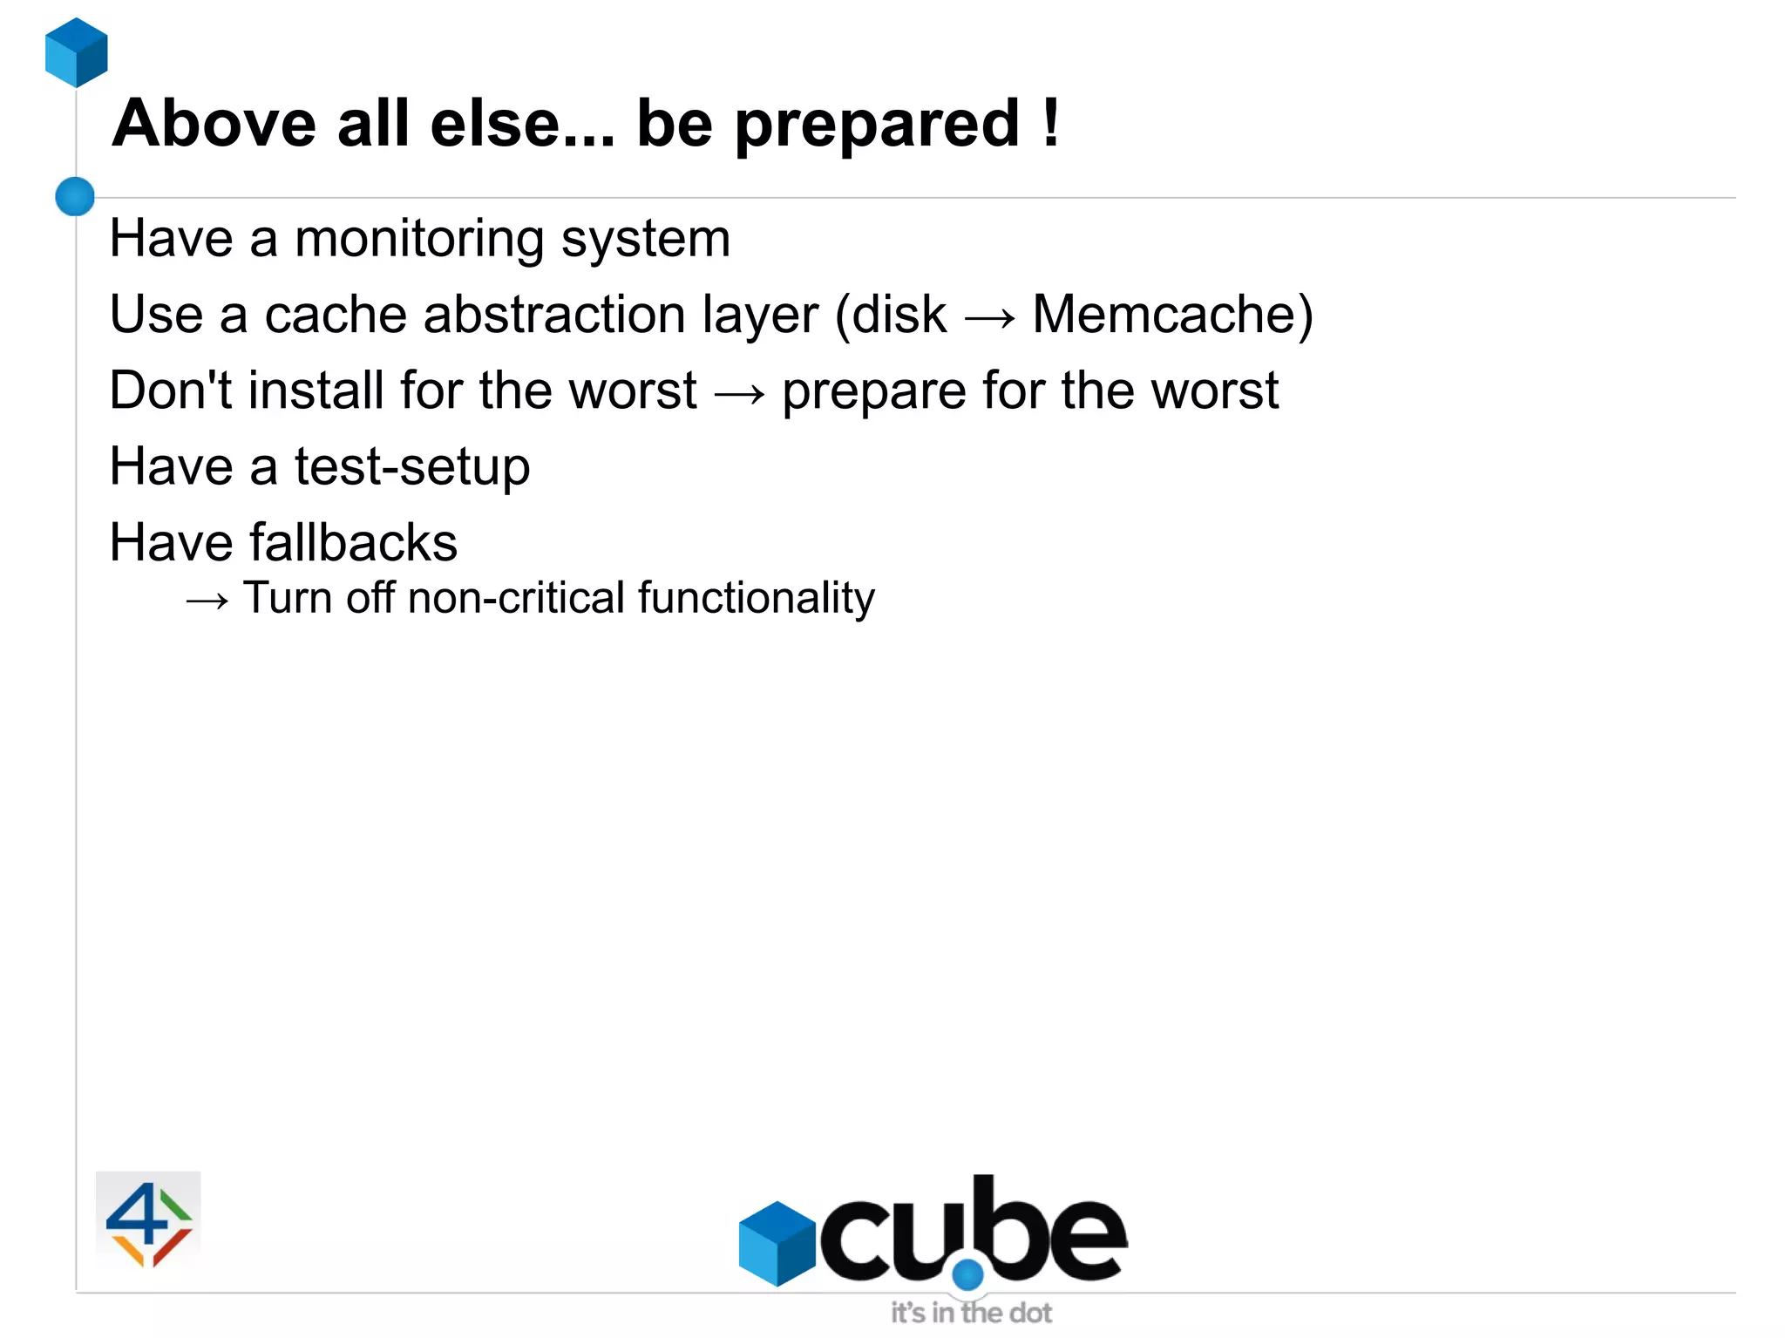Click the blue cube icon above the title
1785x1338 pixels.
[77, 52]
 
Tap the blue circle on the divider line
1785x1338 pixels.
[75, 196]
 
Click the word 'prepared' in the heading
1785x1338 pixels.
[877, 125]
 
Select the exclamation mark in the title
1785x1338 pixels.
[1051, 123]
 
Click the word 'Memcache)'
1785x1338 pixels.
[1172, 315]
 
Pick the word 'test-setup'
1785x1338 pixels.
[412, 467]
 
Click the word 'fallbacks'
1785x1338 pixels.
[353, 542]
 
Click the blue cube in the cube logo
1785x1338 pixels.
[777, 1243]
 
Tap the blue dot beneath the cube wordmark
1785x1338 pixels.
[967, 1274]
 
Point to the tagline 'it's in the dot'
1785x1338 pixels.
[971, 1313]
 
